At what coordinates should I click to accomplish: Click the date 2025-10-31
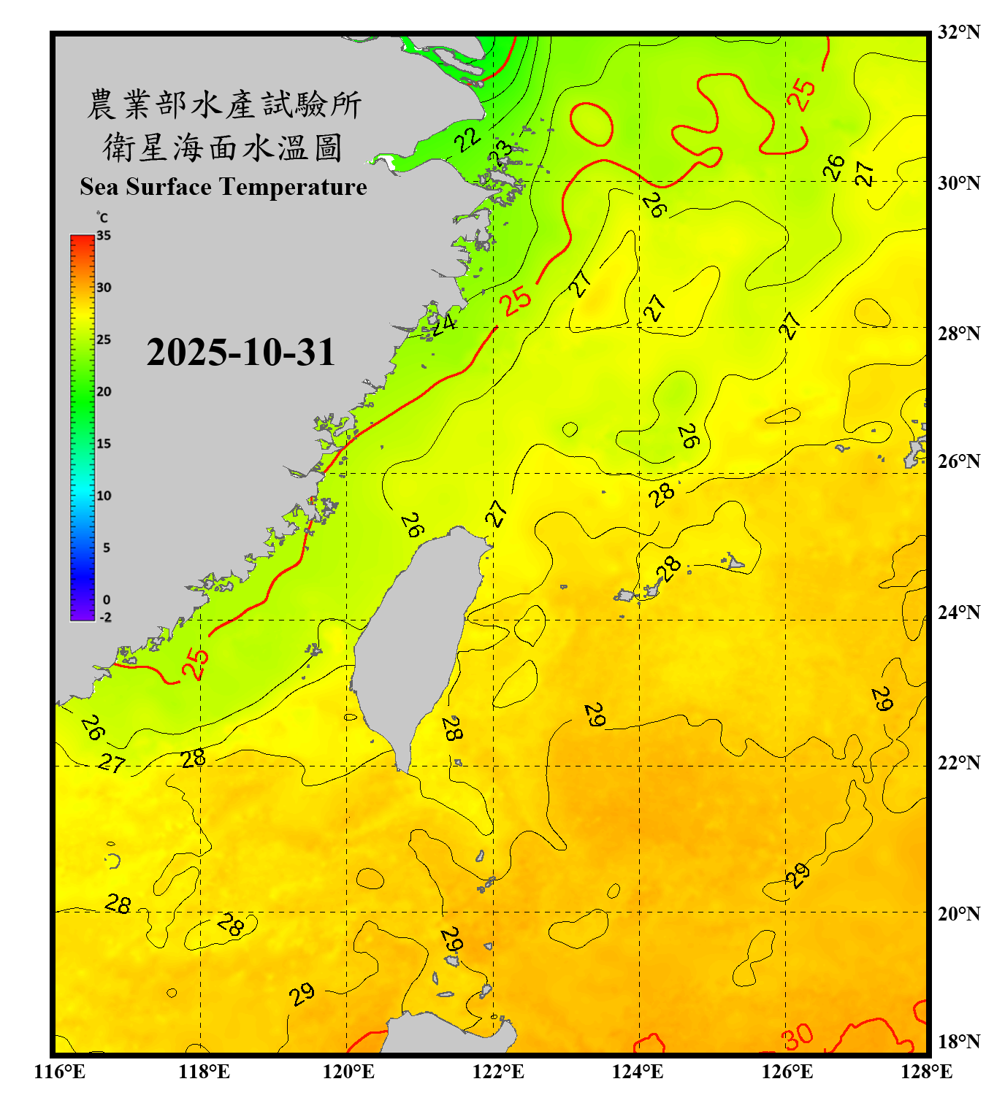pyautogui.click(x=240, y=353)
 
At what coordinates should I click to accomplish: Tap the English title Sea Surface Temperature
pyautogui.click(x=223, y=187)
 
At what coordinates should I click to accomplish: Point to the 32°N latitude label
pyautogui.click(x=958, y=32)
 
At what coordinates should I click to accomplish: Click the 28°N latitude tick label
pyautogui.click(x=958, y=334)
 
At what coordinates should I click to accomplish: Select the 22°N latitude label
pyautogui.click(x=958, y=763)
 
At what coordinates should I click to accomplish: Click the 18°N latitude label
pyautogui.click(x=958, y=1042)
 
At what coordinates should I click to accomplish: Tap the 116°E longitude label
pyautogui.click(x=60, y=1072)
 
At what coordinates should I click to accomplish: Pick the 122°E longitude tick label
pyautogui.click(x=499, y=1072)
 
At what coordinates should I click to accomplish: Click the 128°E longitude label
pyautogui.click(x=926, y=1072)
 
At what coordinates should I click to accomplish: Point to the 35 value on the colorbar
pyautogui.click(x=104, y=236)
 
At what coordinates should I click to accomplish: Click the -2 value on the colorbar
pyautogui.click(x=105, y=618)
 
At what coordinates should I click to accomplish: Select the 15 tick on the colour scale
pyautogui.click(x=104, y=444)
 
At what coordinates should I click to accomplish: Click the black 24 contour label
pyautogui.click(x=443, y=323)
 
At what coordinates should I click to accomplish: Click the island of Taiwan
pyautogui.click(x=416, y=642)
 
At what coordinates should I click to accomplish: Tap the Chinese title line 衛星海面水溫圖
pyautogui.click(x=223, y=148)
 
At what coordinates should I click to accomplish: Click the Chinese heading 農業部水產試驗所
pyautogui.click(x=224, y=105)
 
